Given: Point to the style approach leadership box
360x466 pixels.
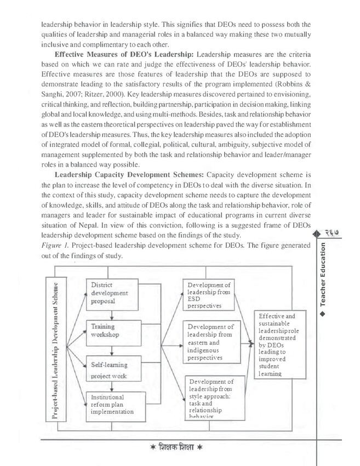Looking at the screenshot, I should pyautogui.click(x=210, y=399).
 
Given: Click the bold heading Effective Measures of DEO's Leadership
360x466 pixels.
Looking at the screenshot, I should pyautogui.click(x=123, y=56).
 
